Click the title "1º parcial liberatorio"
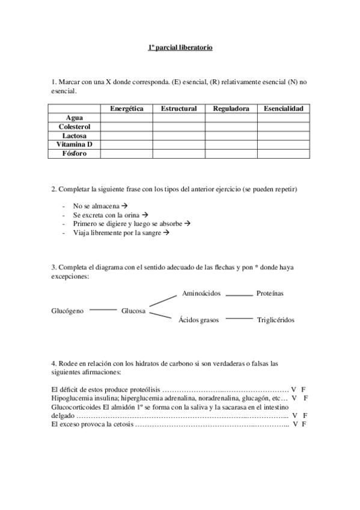[180, 47]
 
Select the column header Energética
[126, 109]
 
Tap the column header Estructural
[178, 109]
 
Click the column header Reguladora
[231, 109]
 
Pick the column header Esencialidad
[283, 109]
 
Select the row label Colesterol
[74, 127]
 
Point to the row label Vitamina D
[74, 145]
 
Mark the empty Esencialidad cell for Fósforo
[283, 154]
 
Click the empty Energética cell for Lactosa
[126, 136]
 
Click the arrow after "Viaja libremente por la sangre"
[166, 233]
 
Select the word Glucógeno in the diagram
[67, 311]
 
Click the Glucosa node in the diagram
[133, 311]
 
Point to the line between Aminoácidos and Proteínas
[239, 295]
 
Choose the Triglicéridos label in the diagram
[276, 320]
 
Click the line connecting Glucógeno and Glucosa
[103, 310]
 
